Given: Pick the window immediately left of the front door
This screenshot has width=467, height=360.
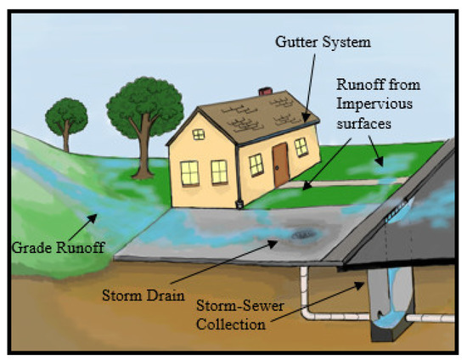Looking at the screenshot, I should click(x=253, y=163).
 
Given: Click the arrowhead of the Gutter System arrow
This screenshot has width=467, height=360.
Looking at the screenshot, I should click(x=305, y=121).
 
